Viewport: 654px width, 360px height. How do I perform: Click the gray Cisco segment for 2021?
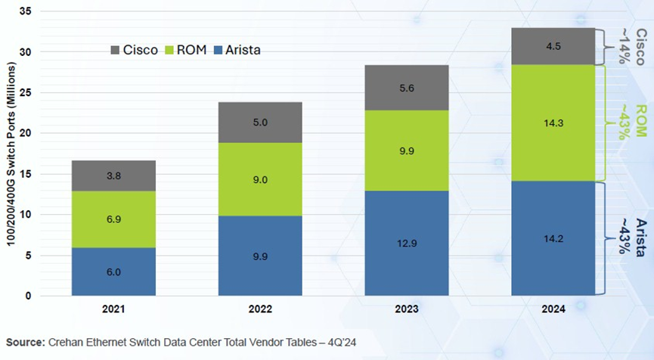point(113,175)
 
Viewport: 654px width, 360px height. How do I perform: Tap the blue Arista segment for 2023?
point(406,243)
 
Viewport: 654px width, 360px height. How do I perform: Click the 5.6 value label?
point(406,88)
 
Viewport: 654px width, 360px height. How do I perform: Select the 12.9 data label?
point(406,242)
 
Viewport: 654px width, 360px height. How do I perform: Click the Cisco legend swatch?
point(115,50)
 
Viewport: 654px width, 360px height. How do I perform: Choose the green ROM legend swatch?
point(169,50)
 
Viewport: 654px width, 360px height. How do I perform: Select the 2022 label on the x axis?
point(259,309)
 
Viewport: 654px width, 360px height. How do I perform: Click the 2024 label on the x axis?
point(553,309)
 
